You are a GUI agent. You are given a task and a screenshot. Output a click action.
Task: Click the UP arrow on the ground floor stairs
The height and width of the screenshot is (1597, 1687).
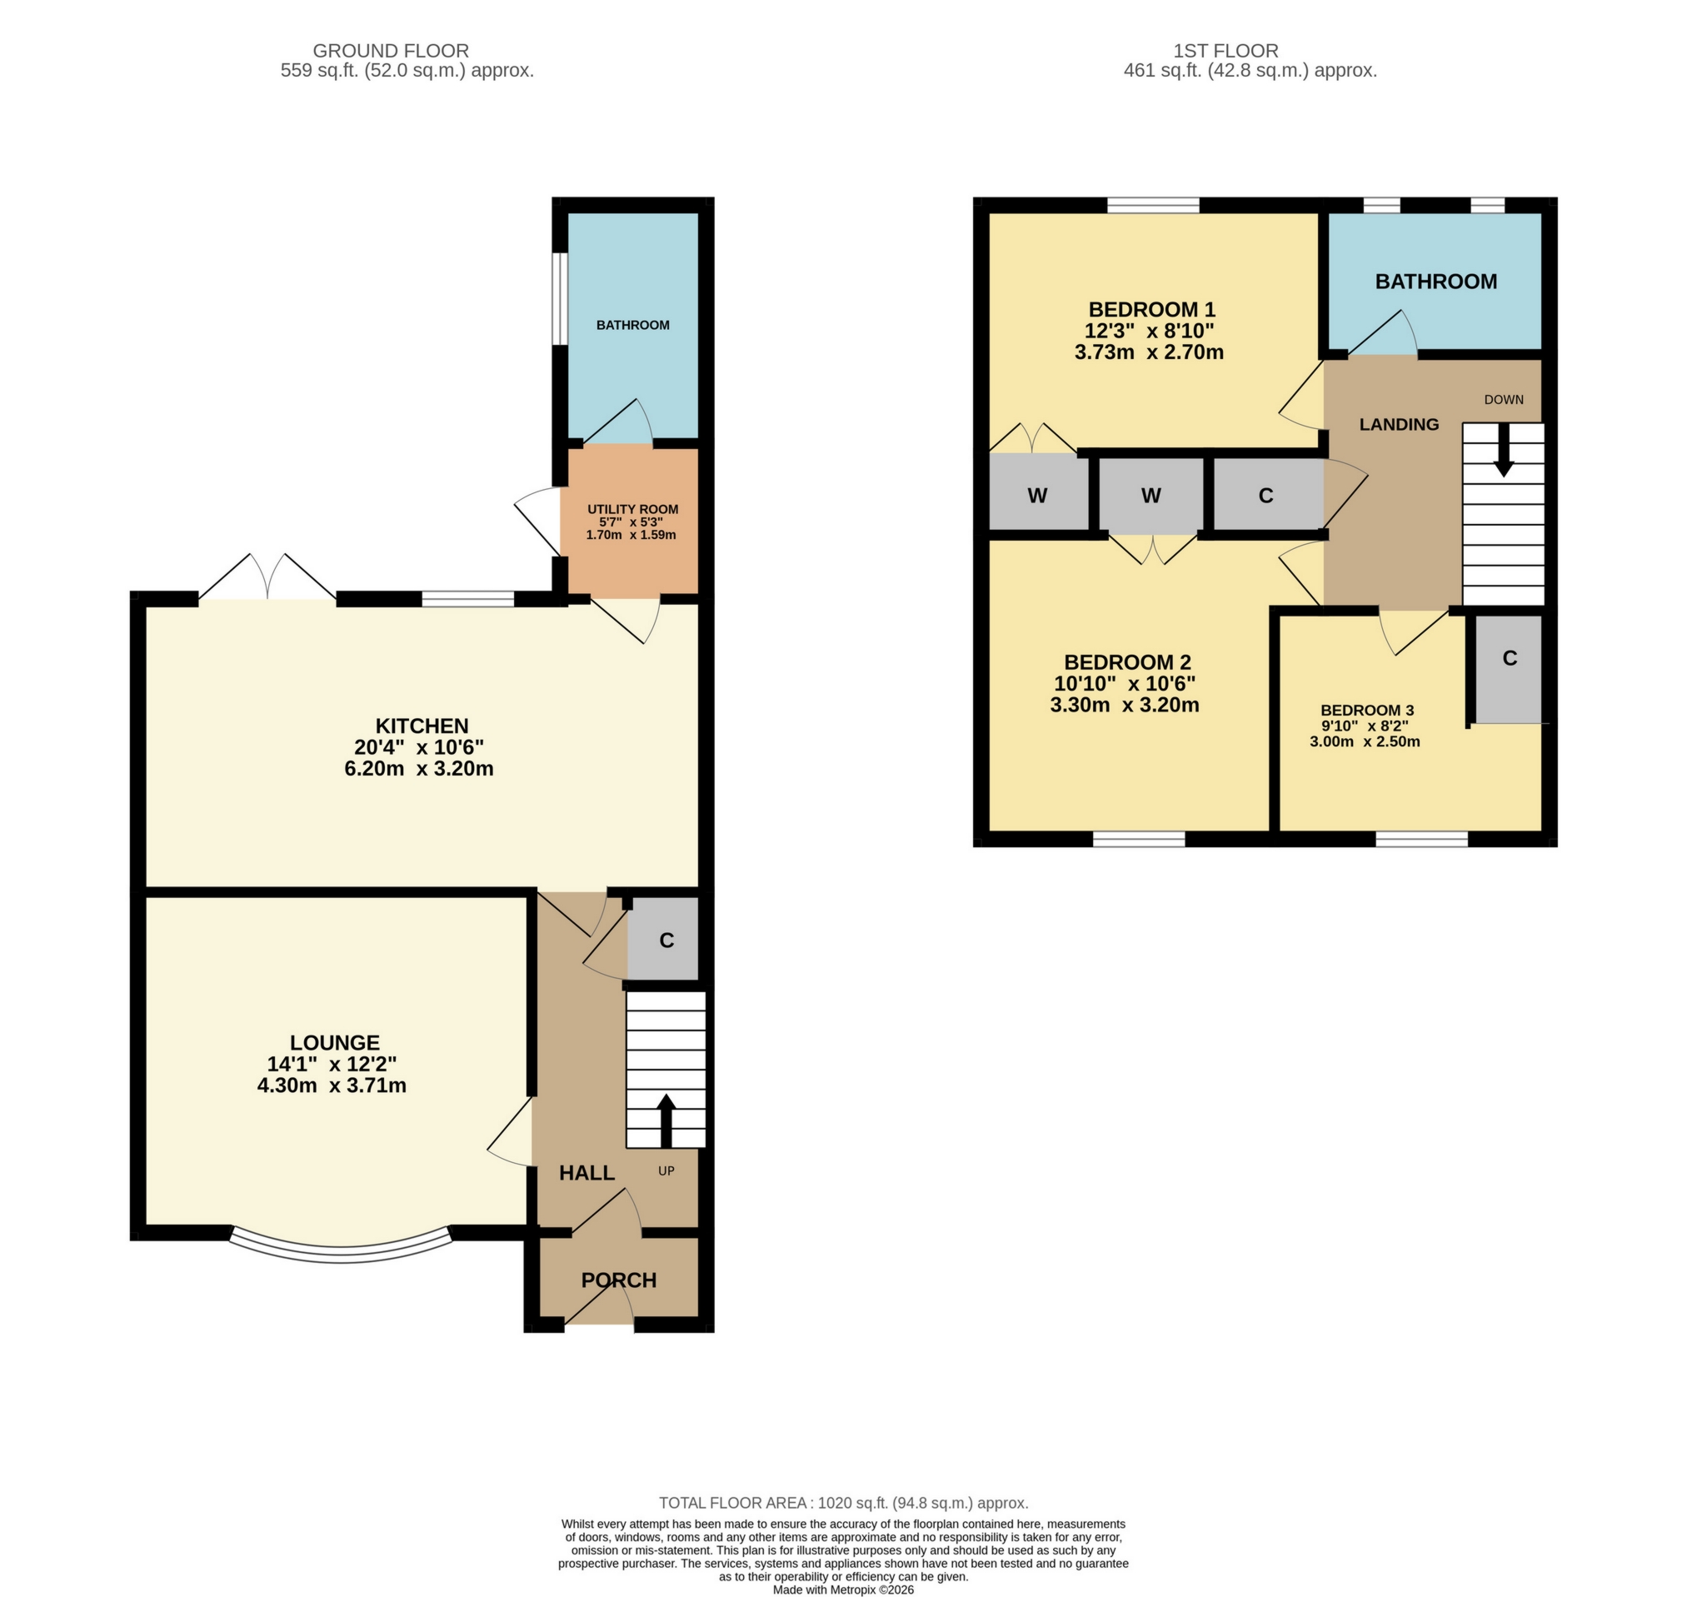click(x=666, y=1120)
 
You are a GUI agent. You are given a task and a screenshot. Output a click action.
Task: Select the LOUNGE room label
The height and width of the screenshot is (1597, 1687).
click(x=335, y=1043)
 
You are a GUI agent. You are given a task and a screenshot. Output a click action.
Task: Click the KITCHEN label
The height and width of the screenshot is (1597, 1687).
click(x=422, y=726)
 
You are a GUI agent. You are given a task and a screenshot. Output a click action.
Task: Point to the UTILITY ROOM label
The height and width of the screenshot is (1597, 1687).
click(x=632, y=509)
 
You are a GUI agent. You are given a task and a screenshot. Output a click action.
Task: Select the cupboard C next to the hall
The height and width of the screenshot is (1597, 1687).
click(x=665, y=940)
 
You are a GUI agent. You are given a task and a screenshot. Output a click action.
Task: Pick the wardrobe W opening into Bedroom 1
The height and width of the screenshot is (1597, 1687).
click(x=1036, y=496)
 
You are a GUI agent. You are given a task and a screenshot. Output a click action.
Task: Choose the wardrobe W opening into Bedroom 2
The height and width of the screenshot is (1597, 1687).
click(x=1150, y=496)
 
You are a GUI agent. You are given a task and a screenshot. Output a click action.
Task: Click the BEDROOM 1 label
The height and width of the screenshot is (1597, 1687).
click(x=1150, y=310)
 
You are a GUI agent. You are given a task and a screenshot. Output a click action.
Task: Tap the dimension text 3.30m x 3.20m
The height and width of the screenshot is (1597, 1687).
click(x=1124, y=705)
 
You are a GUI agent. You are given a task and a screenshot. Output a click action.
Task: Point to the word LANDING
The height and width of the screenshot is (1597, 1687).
click(x=1399, y=424)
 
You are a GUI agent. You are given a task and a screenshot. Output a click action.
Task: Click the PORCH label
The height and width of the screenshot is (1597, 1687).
click(x=619, y=1280)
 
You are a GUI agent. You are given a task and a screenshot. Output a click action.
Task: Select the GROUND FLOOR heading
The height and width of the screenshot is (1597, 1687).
click(x=391, y=51)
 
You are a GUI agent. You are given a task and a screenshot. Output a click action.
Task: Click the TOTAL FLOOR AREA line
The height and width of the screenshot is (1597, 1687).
click(x=842, y=1504)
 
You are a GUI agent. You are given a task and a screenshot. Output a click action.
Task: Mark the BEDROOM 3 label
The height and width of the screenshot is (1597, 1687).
click(x=1366, y=710)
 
